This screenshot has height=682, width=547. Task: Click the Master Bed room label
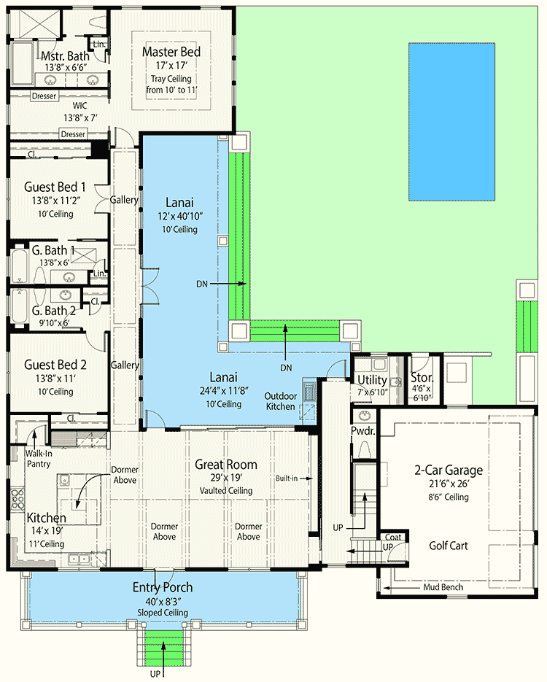click(171, 53)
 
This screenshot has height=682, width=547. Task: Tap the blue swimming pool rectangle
click(453, 121)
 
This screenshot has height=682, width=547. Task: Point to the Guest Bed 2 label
click(56, 365)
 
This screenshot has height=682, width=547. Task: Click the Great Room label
click(225, 465)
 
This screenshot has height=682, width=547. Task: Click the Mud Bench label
click(443, 586)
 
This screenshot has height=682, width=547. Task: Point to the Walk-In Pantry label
click(38, 457)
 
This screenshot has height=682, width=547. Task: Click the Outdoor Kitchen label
click(280, 401)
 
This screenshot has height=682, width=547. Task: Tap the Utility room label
click(371, 379)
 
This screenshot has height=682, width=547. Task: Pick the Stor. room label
click(422, 378)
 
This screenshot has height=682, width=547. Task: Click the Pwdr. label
click(362, 431)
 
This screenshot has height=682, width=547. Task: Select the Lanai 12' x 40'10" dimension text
click(179, 217)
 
